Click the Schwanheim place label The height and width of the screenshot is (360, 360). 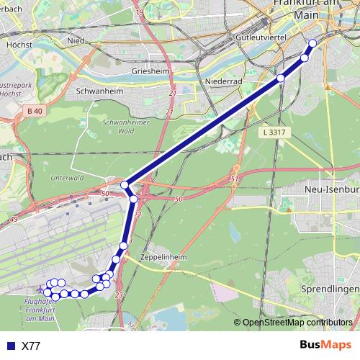coord(99,92)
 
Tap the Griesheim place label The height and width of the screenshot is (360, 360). coord(150,72)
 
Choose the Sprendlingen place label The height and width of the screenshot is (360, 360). coord(329,289)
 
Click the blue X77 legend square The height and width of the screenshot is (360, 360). coord(9,346)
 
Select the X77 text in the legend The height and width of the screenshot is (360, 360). coord(31,346)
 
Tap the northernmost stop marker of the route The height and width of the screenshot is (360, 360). coord(312,42)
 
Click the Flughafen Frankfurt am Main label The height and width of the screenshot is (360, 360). coord(39,309)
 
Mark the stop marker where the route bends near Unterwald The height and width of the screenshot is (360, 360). coord(125,186)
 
